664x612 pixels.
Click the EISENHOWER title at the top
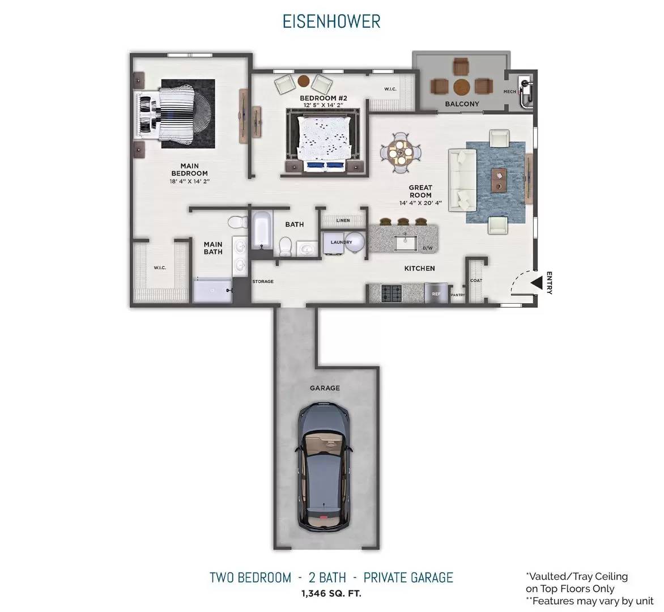pyautogui.click(x=331, y=22)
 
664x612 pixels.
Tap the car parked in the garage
pyautogui.click(x=325, y=467)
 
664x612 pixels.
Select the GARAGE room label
pyautogui.click(x=325, y=388)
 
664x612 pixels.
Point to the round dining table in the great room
pyautogui.click(x=400, y=153)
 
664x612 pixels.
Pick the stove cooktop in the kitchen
pyautogui.click(x=391, y=292)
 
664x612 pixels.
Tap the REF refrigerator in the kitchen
pyautogui.click(x=436, y=294)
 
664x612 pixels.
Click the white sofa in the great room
pyautogui.click(x=462, y=180)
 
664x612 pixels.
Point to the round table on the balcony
pyautogui.click(x=462, y=87)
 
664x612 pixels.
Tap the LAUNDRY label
pyautogui.click(x=341, y=243)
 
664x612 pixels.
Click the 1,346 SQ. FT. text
pyautogui.click(x=331, y=593)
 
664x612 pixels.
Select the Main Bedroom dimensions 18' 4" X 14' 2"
pyautogui.click(x=190, y=181)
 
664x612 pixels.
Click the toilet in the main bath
pyautogui.click(x=238, y=222)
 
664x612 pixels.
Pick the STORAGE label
pyautogui.click(x=263, y=281)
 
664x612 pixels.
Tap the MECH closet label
pyautogui.click(x=510, y=91)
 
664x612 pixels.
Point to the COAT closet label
pyautogui.click(x=476, y=280)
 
